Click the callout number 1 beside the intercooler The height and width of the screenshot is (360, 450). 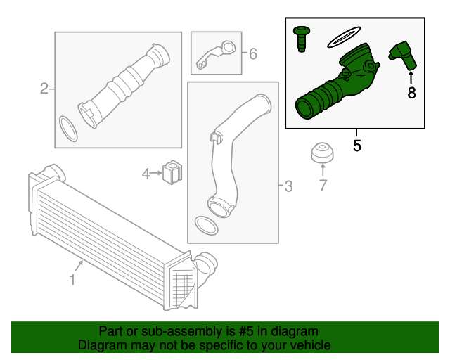(72, 280)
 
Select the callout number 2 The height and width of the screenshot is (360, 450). (44, 89)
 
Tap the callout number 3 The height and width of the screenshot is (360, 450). (288, 186)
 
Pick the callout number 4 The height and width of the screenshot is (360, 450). (146, 174)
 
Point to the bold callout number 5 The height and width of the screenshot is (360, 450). (356, 146)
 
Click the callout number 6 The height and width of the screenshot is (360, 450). (253, 54)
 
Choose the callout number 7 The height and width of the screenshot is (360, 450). (323, 185)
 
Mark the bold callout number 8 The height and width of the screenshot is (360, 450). (411, 93)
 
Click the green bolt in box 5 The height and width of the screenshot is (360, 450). (302, 39)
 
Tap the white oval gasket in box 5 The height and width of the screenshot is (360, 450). (344, 37)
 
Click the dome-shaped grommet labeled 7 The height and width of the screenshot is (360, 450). (323, 152)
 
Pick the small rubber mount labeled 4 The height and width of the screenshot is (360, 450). (172, 172)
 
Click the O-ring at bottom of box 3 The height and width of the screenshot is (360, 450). (206, 226)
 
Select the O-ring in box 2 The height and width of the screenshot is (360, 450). (68, 129)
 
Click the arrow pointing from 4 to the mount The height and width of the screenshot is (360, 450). (156, 173)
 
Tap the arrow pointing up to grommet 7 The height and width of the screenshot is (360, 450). (323, 169)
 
